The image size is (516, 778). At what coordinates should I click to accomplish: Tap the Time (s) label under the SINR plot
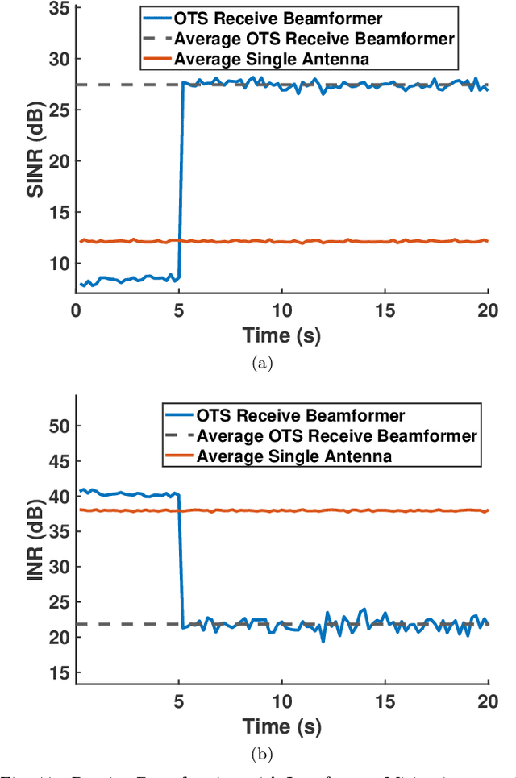pyautogui.click(x=282, y=334)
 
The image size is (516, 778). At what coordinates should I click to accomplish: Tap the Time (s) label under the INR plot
pyautogui.click(x=282, y=725)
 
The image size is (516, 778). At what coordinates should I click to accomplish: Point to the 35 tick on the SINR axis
pyautogui.click(x=60, y=8)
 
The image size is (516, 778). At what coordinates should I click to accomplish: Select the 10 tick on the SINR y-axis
pyautogui.click(x=60, y=264)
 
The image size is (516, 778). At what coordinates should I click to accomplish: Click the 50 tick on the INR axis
pyautogui.click(x=60, y=426)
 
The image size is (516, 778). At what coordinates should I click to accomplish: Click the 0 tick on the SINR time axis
pyautogui.click(x=76, y=311)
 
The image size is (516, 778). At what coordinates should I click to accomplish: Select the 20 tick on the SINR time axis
pyautogui.click(x=488, y=311)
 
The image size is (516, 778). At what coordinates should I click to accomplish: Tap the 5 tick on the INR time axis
pyautogui.click(x=179, y=701)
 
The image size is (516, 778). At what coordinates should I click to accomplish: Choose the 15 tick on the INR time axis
pyautogui.click(x=385, y=701)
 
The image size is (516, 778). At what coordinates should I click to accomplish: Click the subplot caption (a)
pyautogui.click(x=263, y=364)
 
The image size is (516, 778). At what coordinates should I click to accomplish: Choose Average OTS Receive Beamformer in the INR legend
pyautogui.click(x=337, y=436)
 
